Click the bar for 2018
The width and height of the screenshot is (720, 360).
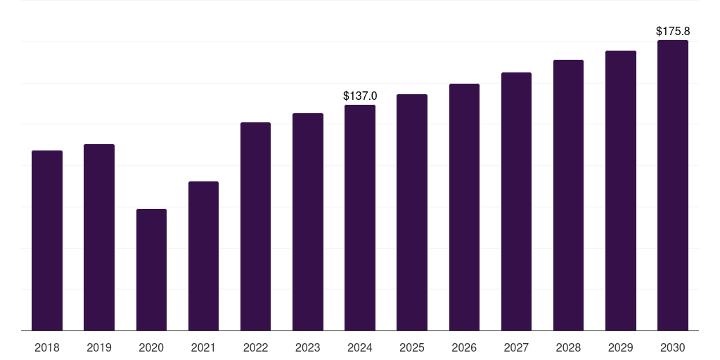pos(47,240)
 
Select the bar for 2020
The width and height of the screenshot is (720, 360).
pos(151,269)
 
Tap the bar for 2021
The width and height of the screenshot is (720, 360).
pos(203,256)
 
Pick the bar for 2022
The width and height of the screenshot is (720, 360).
pos(255,226)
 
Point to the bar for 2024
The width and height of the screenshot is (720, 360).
pos(360,218)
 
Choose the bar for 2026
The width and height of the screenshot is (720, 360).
pos(464,207)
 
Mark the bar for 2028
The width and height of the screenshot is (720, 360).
pos(568,195)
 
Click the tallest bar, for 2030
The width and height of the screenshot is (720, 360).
pos(673,186)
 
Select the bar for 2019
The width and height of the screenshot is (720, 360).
pos(99,237)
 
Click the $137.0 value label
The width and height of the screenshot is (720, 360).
pos(360,96)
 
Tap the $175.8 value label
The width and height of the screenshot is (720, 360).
pos(673,31)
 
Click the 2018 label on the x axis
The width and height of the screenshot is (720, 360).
pos(47,347)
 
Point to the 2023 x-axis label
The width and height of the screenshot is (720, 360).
pos(308,347)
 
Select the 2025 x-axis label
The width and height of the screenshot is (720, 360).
pos(412,347)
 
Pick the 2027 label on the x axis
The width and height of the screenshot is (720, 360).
pos(516,347)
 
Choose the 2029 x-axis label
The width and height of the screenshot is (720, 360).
pos(621,347)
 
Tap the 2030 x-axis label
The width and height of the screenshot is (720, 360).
pos(673,347)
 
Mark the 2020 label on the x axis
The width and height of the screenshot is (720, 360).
pos(151,347)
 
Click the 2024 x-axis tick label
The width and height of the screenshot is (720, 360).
pos(360,347)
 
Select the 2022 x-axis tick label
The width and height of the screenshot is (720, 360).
pos(255,347)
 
